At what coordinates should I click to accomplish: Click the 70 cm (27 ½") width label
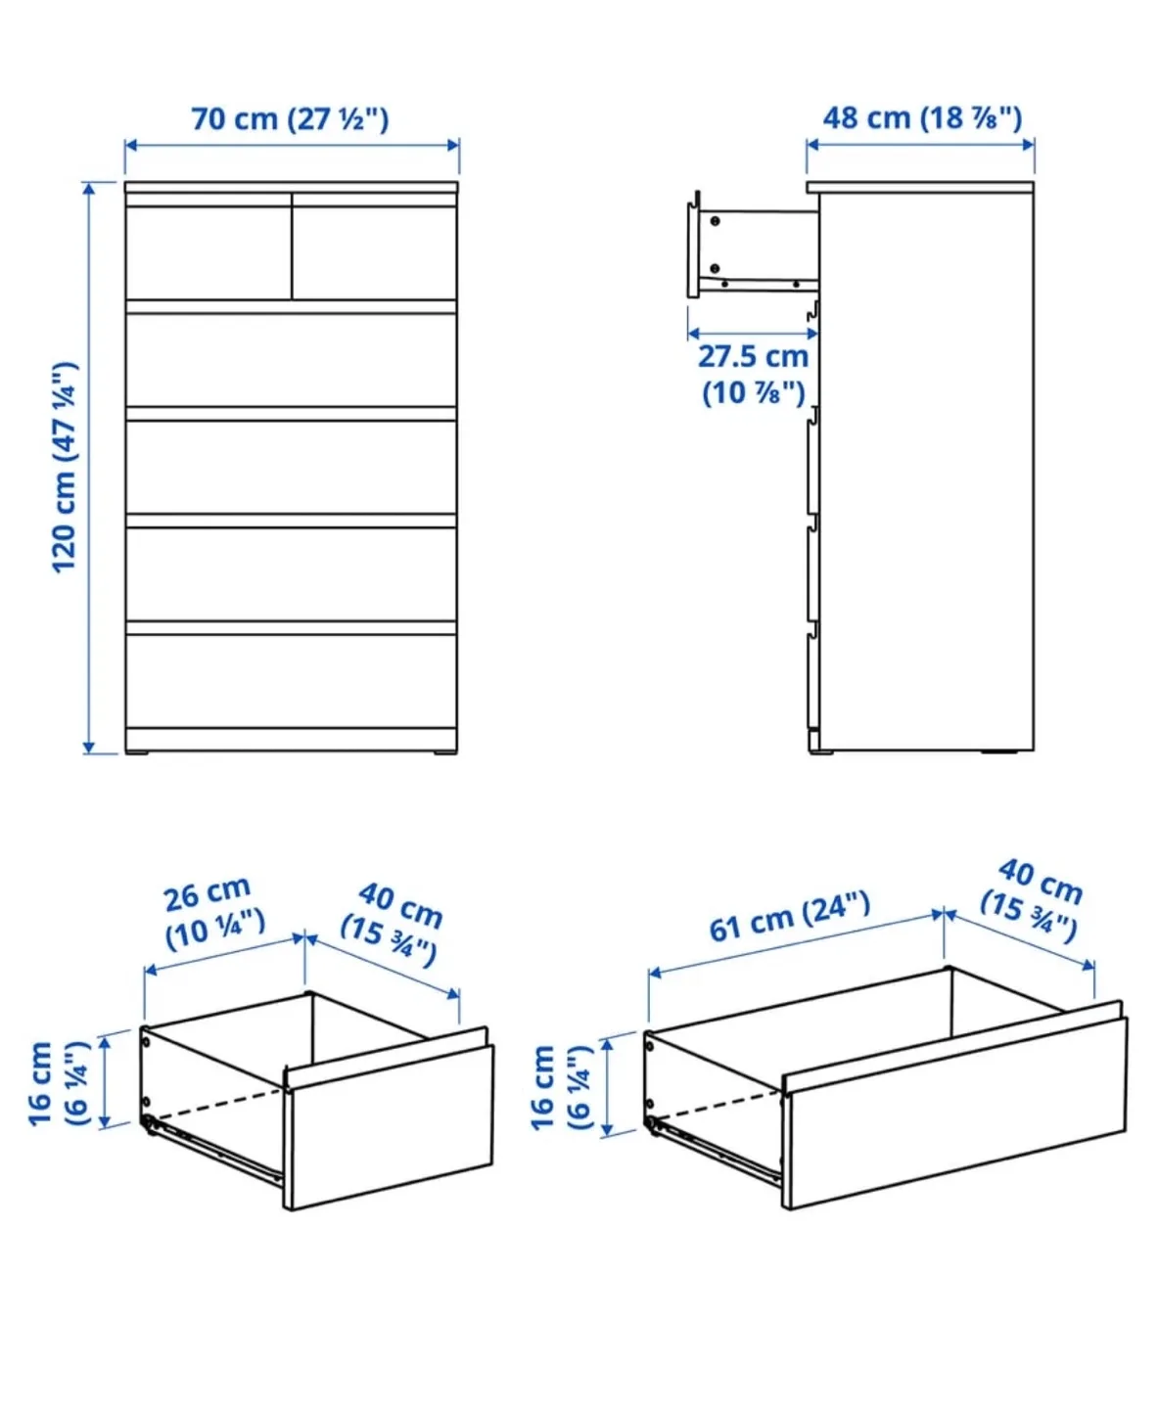[x=290, y=119]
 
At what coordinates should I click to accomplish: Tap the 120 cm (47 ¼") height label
[x=65, y=467]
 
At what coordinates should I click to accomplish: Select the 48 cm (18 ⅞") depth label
[x=921, y=118]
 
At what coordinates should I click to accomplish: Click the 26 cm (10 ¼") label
[x=211, y=912]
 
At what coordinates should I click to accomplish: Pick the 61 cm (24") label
[x=789, y=916]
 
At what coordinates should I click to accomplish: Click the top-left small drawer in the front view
[x=208, y=250]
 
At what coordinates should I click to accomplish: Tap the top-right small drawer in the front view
[x=375, y=250]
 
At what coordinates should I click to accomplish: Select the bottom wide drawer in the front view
[x=291, y=680]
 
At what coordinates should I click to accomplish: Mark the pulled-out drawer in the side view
[x=752, y=251]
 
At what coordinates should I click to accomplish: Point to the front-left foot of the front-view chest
[x=138, y=752]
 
